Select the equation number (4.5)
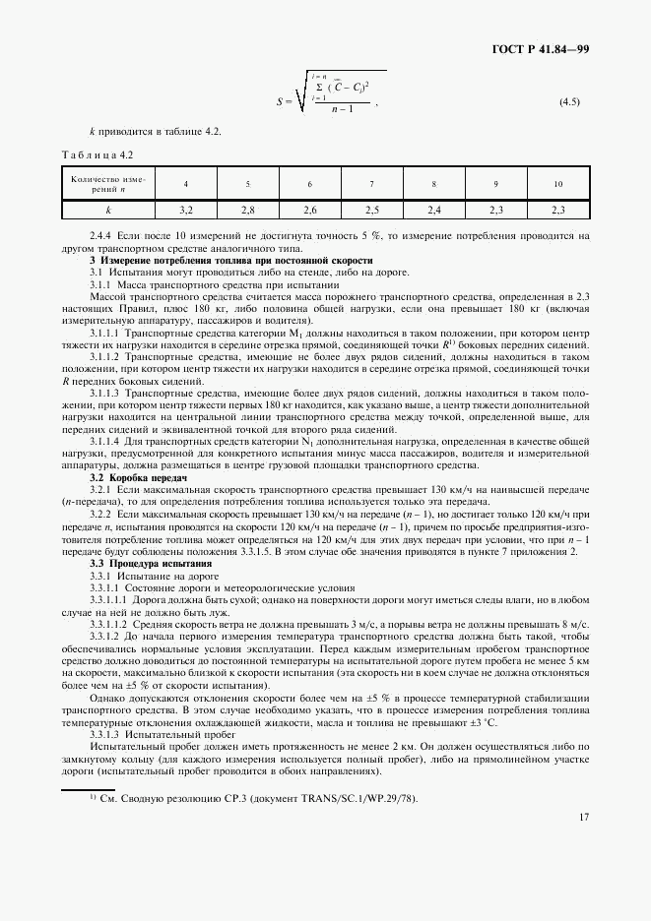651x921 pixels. click(x=569, y=101)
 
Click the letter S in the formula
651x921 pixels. click(x=281, y=101)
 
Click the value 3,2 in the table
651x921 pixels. click(x=186, y=210)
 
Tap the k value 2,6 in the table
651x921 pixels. click(x=309, y=210)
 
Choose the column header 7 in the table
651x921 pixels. click(x=371, y=184)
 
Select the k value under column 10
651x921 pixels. click(x=557, y=210)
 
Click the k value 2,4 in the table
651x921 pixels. click(x=433, y=210)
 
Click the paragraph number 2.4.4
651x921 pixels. click(x=101, y=236)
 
